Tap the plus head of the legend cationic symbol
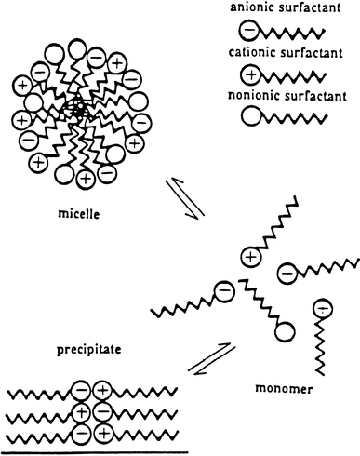click(251, 74)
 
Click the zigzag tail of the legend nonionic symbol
click(297, 116)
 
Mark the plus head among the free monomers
click(250, 254)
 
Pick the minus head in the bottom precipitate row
click(83, 432)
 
